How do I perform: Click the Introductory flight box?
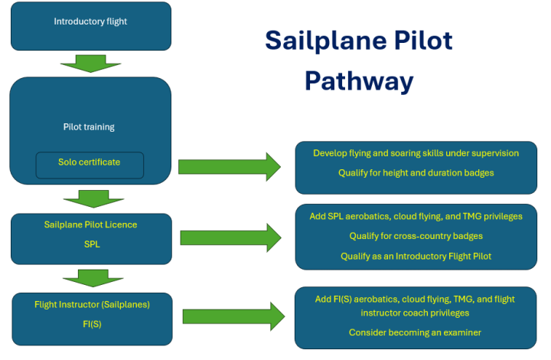[90, 22]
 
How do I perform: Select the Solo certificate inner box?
[90, 163]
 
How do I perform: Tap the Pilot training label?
[89, 127]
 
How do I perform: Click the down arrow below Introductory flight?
[90, 64]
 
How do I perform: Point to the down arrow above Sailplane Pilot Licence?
[90, 199]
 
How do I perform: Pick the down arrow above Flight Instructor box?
[90, 277]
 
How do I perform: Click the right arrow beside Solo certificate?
[230, 167]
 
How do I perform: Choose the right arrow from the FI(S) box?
[233, 316]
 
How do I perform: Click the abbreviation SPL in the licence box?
[91, 244]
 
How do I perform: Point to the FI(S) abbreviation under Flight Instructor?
[91, 323]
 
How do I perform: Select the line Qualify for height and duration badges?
[416, 173]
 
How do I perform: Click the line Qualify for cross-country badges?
[416, 236]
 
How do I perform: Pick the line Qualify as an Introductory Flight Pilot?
[416, 257]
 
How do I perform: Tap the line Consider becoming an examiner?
[416, 332]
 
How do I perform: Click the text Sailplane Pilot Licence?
[91, 225]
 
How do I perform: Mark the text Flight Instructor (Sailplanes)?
[91, 305]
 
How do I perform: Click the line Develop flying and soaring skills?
[416, 153]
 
